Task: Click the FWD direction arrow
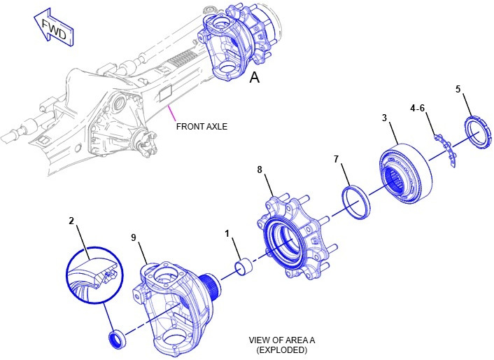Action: pyautogui.click(x=52, y=28)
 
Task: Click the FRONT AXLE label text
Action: pyautogui.click(x=202, y=127)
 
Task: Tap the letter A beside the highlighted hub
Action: pyautogui.click(x=255, y=78)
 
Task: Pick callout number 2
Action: pyautogui.click(x=71, y=221)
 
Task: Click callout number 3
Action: pyautogui.click(x=385, y=118)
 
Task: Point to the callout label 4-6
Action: pyautogui.click(x=418, y=109)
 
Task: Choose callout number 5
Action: pyautogui.click(x=458, y=89)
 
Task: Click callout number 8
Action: pyautogui.click(x=260, y=169)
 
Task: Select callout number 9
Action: pyautogui.click(x=133, y=237)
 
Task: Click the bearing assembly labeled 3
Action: pyautogui.click(x=406, y=174)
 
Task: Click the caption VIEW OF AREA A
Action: pyautogui.click(x=282, y=340)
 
